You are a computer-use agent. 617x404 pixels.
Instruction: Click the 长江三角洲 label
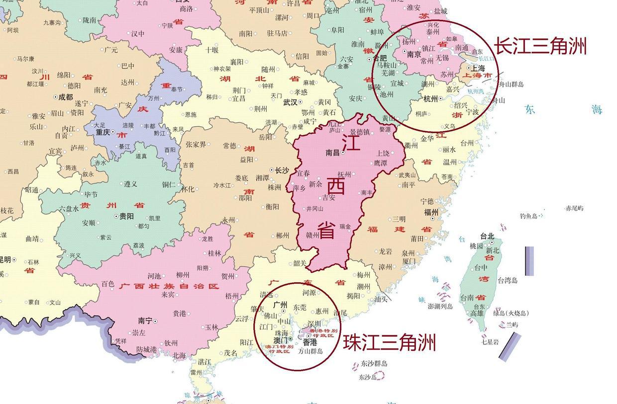coord(540,46)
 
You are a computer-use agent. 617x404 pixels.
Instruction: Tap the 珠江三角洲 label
coord(389,342)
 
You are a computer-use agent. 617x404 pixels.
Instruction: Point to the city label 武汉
coord(290,102)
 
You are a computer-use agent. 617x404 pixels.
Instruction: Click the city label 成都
coord(65,97)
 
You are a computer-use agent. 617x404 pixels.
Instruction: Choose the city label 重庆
coord(103,132)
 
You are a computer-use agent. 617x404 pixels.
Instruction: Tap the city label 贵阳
coord(126,216)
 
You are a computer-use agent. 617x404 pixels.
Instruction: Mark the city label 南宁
coord(145,321)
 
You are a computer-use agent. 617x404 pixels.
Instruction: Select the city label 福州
coord(431,212)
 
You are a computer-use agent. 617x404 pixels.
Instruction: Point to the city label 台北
coord(487,236)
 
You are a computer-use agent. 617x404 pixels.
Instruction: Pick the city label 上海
coord(478,68)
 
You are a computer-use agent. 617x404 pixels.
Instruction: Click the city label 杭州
coord(431,99)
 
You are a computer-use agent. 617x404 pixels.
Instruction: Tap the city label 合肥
coord(380,58)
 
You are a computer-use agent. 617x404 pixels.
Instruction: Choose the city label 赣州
coord(312,235)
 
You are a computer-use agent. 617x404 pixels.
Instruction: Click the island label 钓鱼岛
coord(528,216)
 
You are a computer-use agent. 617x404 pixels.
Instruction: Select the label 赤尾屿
coord(574,208)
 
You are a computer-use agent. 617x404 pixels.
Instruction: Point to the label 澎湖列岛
coord(440,306)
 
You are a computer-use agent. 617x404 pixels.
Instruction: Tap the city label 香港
coord(309,342)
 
